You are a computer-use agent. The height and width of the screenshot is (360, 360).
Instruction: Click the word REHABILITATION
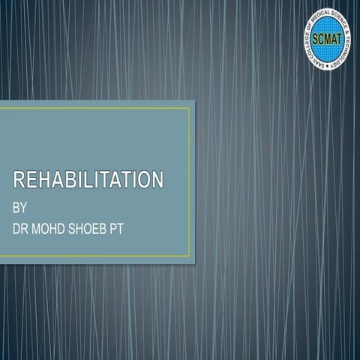(x=88, y=180)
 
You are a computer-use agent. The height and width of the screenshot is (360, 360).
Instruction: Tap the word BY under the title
(x=21, y=206)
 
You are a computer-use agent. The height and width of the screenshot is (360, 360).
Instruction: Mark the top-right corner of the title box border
(x=190, y=108)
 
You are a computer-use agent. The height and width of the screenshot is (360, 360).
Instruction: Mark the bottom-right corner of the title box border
(x=190, y=256)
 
